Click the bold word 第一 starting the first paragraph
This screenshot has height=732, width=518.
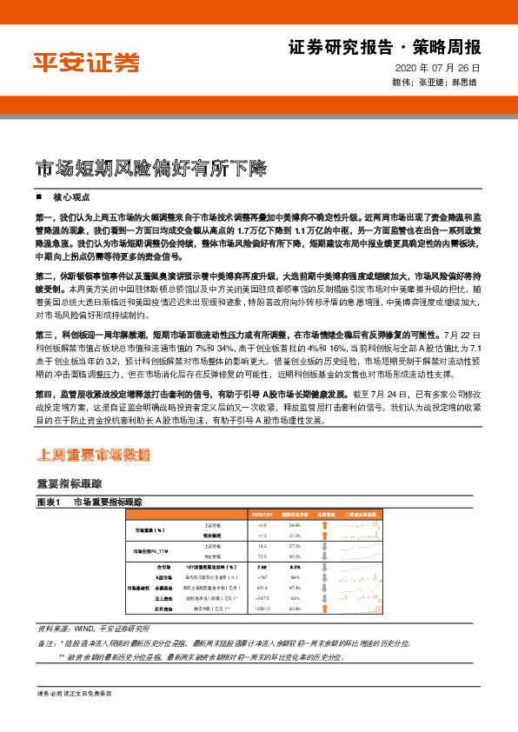coord(44,214)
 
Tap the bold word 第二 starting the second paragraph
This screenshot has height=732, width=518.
coord(44,274)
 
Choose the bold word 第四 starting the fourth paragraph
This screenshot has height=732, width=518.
coord(44,394)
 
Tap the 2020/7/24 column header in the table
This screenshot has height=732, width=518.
coord(262,515)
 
